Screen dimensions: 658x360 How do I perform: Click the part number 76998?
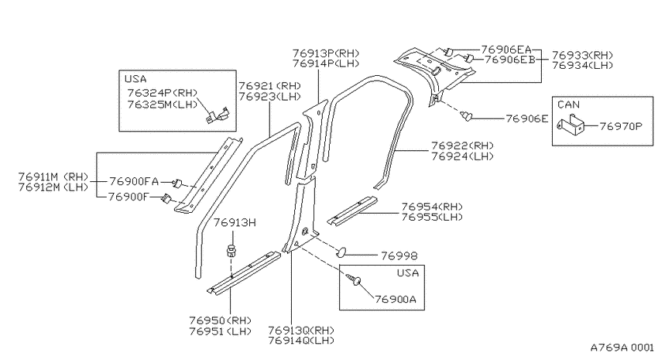click(399, 255)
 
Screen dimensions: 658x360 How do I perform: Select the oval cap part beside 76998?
click(341, 252)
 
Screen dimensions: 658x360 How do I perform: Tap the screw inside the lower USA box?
click(353, 279)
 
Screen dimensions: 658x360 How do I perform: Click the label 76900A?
click(396, 299)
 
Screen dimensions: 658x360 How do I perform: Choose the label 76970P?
click(621, 126)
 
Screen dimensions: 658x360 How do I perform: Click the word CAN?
click(569, 105)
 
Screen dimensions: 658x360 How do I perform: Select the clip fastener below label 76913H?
click(231, 251)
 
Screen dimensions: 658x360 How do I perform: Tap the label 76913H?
click(235, 222)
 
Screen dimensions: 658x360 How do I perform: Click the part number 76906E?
click(527, 118)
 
